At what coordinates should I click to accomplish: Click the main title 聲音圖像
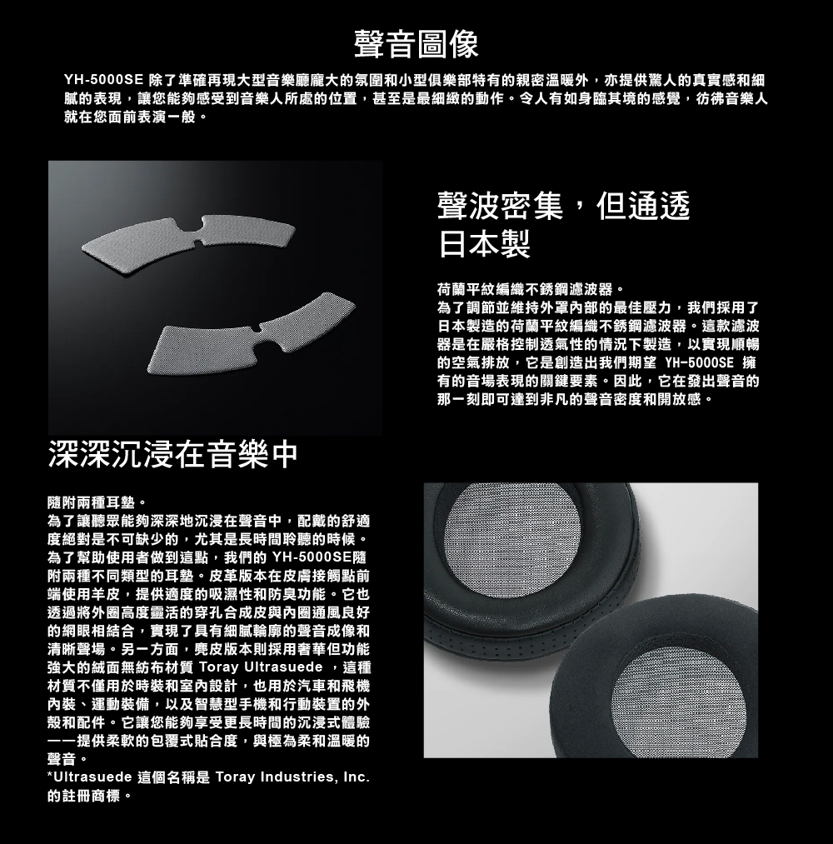coord(416,44)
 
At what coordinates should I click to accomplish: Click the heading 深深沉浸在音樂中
coord(172,455)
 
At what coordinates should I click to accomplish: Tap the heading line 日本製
coord(484,244)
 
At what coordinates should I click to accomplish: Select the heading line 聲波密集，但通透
coord(563,206)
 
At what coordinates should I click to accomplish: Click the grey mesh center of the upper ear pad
coord(513,544)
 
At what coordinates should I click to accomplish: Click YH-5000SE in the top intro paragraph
coord(102,81)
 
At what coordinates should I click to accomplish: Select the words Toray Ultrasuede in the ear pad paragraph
coord(261,667)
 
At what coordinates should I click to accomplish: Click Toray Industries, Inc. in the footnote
coord(292,778)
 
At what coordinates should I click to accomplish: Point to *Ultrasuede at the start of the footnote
coord(90,777)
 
